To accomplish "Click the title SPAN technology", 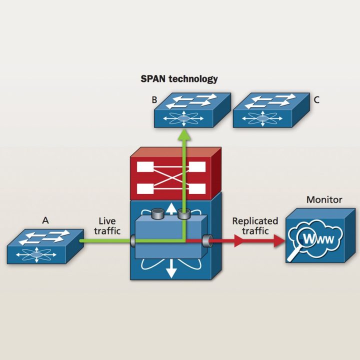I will click(x=179, y=79).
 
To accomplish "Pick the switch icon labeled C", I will click(x=270, y=109).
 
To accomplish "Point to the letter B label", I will click(x=154, y=100).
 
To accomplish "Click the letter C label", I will click(x=316, y=100).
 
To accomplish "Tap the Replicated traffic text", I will click(x=255, y=226).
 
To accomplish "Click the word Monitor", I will click(x=324, y=200).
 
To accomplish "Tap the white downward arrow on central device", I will click(x=171, y=269).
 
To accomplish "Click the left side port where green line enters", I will click(x=133, y=241).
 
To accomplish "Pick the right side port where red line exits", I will click(x=206, y=241).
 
